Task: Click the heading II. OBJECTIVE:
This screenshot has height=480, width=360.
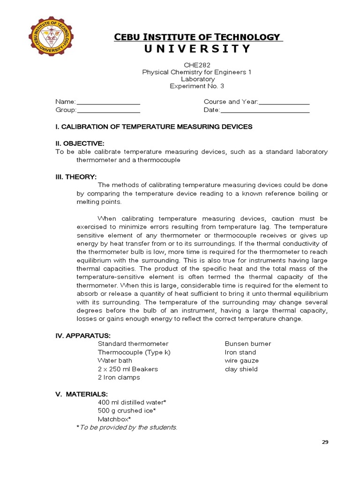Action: (80, 143)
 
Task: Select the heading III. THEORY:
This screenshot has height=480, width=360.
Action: (76, 177)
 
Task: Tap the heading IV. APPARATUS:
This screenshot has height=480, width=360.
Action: (83, 335)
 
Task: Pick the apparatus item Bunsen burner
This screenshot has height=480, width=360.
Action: (248, 344)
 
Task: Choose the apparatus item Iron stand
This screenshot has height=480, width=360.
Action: (240, 352)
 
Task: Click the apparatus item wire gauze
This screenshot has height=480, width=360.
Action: (242, 360)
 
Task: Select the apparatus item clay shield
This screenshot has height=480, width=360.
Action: (241, 369)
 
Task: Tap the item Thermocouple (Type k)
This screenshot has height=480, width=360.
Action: (134, 352)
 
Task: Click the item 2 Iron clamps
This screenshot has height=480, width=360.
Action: (119, 377)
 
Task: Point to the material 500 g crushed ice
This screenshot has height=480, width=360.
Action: (127, 411)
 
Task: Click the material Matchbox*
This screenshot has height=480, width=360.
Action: (114, 419)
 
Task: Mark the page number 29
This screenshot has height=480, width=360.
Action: (325, 442)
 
